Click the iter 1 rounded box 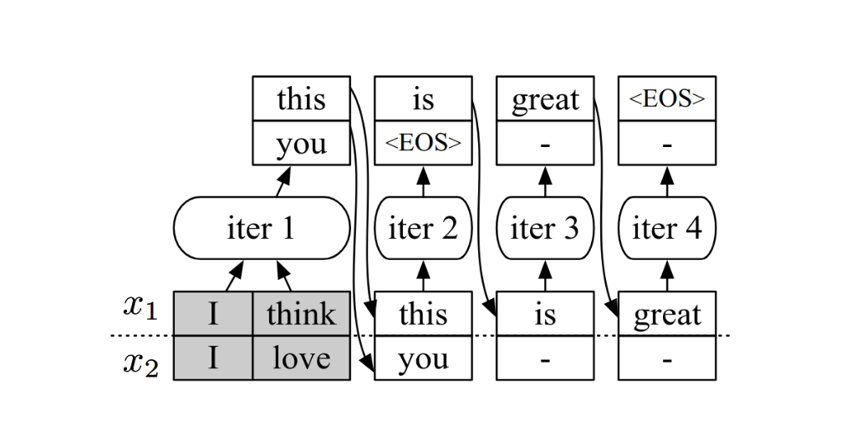tap(262, 228)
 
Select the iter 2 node tap(423, 228)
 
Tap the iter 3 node tap(545, 228)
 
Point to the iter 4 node tap(667, 228)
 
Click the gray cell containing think tap(301, 313)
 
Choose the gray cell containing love tap(301, 358)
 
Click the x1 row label tap(140, 307)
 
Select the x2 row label tap(140, 363)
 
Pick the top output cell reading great tap(545, 99)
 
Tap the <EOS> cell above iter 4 tap(667, 99)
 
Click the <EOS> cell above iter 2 tap(423, 143)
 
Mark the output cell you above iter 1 tap(301, 143)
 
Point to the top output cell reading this tap(301, 99)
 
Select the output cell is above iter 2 tap(423, 99)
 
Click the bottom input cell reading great tap(667, 313)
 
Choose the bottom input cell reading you tap(423, 358)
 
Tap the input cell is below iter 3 tap(545, 313)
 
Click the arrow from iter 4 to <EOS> tap(667, 181)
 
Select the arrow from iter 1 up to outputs tap(283, 181)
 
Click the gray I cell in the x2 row tap(212, 358)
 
